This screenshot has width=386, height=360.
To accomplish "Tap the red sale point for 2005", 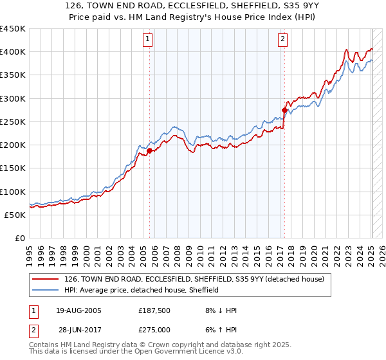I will tap(150, 150).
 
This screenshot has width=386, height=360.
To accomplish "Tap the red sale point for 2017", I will tap(284, 110).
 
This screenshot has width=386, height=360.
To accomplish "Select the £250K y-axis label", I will tap(13, 122).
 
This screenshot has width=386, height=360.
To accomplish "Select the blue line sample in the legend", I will tap(46, 290).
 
